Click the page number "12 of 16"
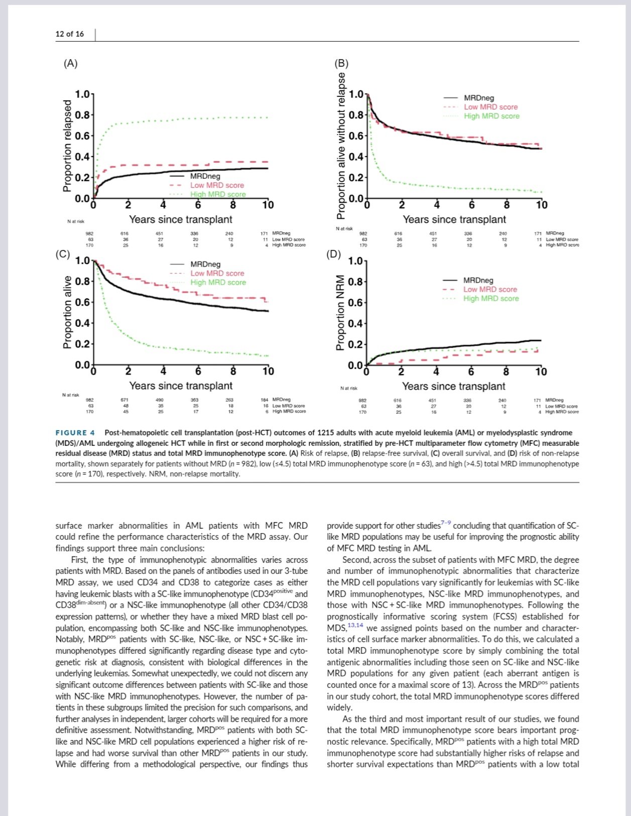point(70,34)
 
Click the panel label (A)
point(70,63)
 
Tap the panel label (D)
point(334,254)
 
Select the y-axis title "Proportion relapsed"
point(67,146)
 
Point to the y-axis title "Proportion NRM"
point(340,313)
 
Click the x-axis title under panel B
point(454,219)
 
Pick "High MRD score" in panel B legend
point(491,116)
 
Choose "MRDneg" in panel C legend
point(205,264)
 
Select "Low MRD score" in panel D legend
point(490,289)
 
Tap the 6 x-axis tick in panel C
point(198,372)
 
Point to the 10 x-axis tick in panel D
point(541,372)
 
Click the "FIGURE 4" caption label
point(75,433)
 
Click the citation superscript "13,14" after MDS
point(356,625)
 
